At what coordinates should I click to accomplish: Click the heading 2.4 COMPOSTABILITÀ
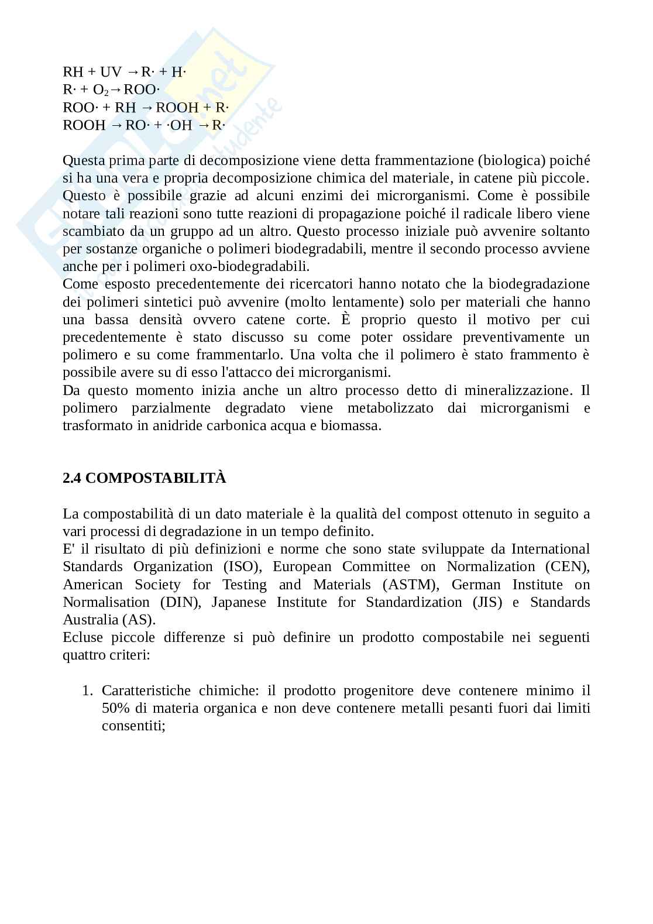(144, 478)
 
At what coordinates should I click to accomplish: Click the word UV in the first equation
(111, 72)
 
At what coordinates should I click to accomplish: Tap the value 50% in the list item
(115, 708)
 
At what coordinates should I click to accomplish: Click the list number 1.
(87, 691)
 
